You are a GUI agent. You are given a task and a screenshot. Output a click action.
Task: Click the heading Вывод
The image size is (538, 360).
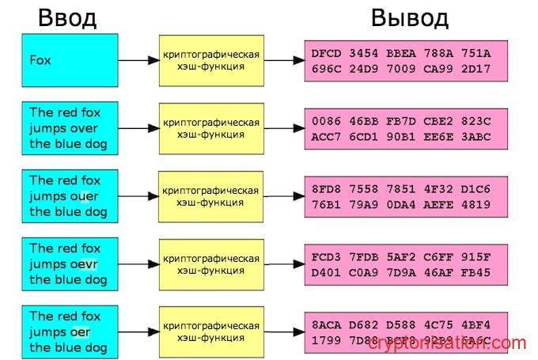pos(409,17)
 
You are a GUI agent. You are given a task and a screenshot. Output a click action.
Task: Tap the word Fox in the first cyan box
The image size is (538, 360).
pos(40,60)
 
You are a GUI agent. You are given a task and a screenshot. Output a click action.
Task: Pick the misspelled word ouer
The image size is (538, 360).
pos(90,196)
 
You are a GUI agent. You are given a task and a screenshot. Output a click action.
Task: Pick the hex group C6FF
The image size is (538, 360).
pos(438,258)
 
